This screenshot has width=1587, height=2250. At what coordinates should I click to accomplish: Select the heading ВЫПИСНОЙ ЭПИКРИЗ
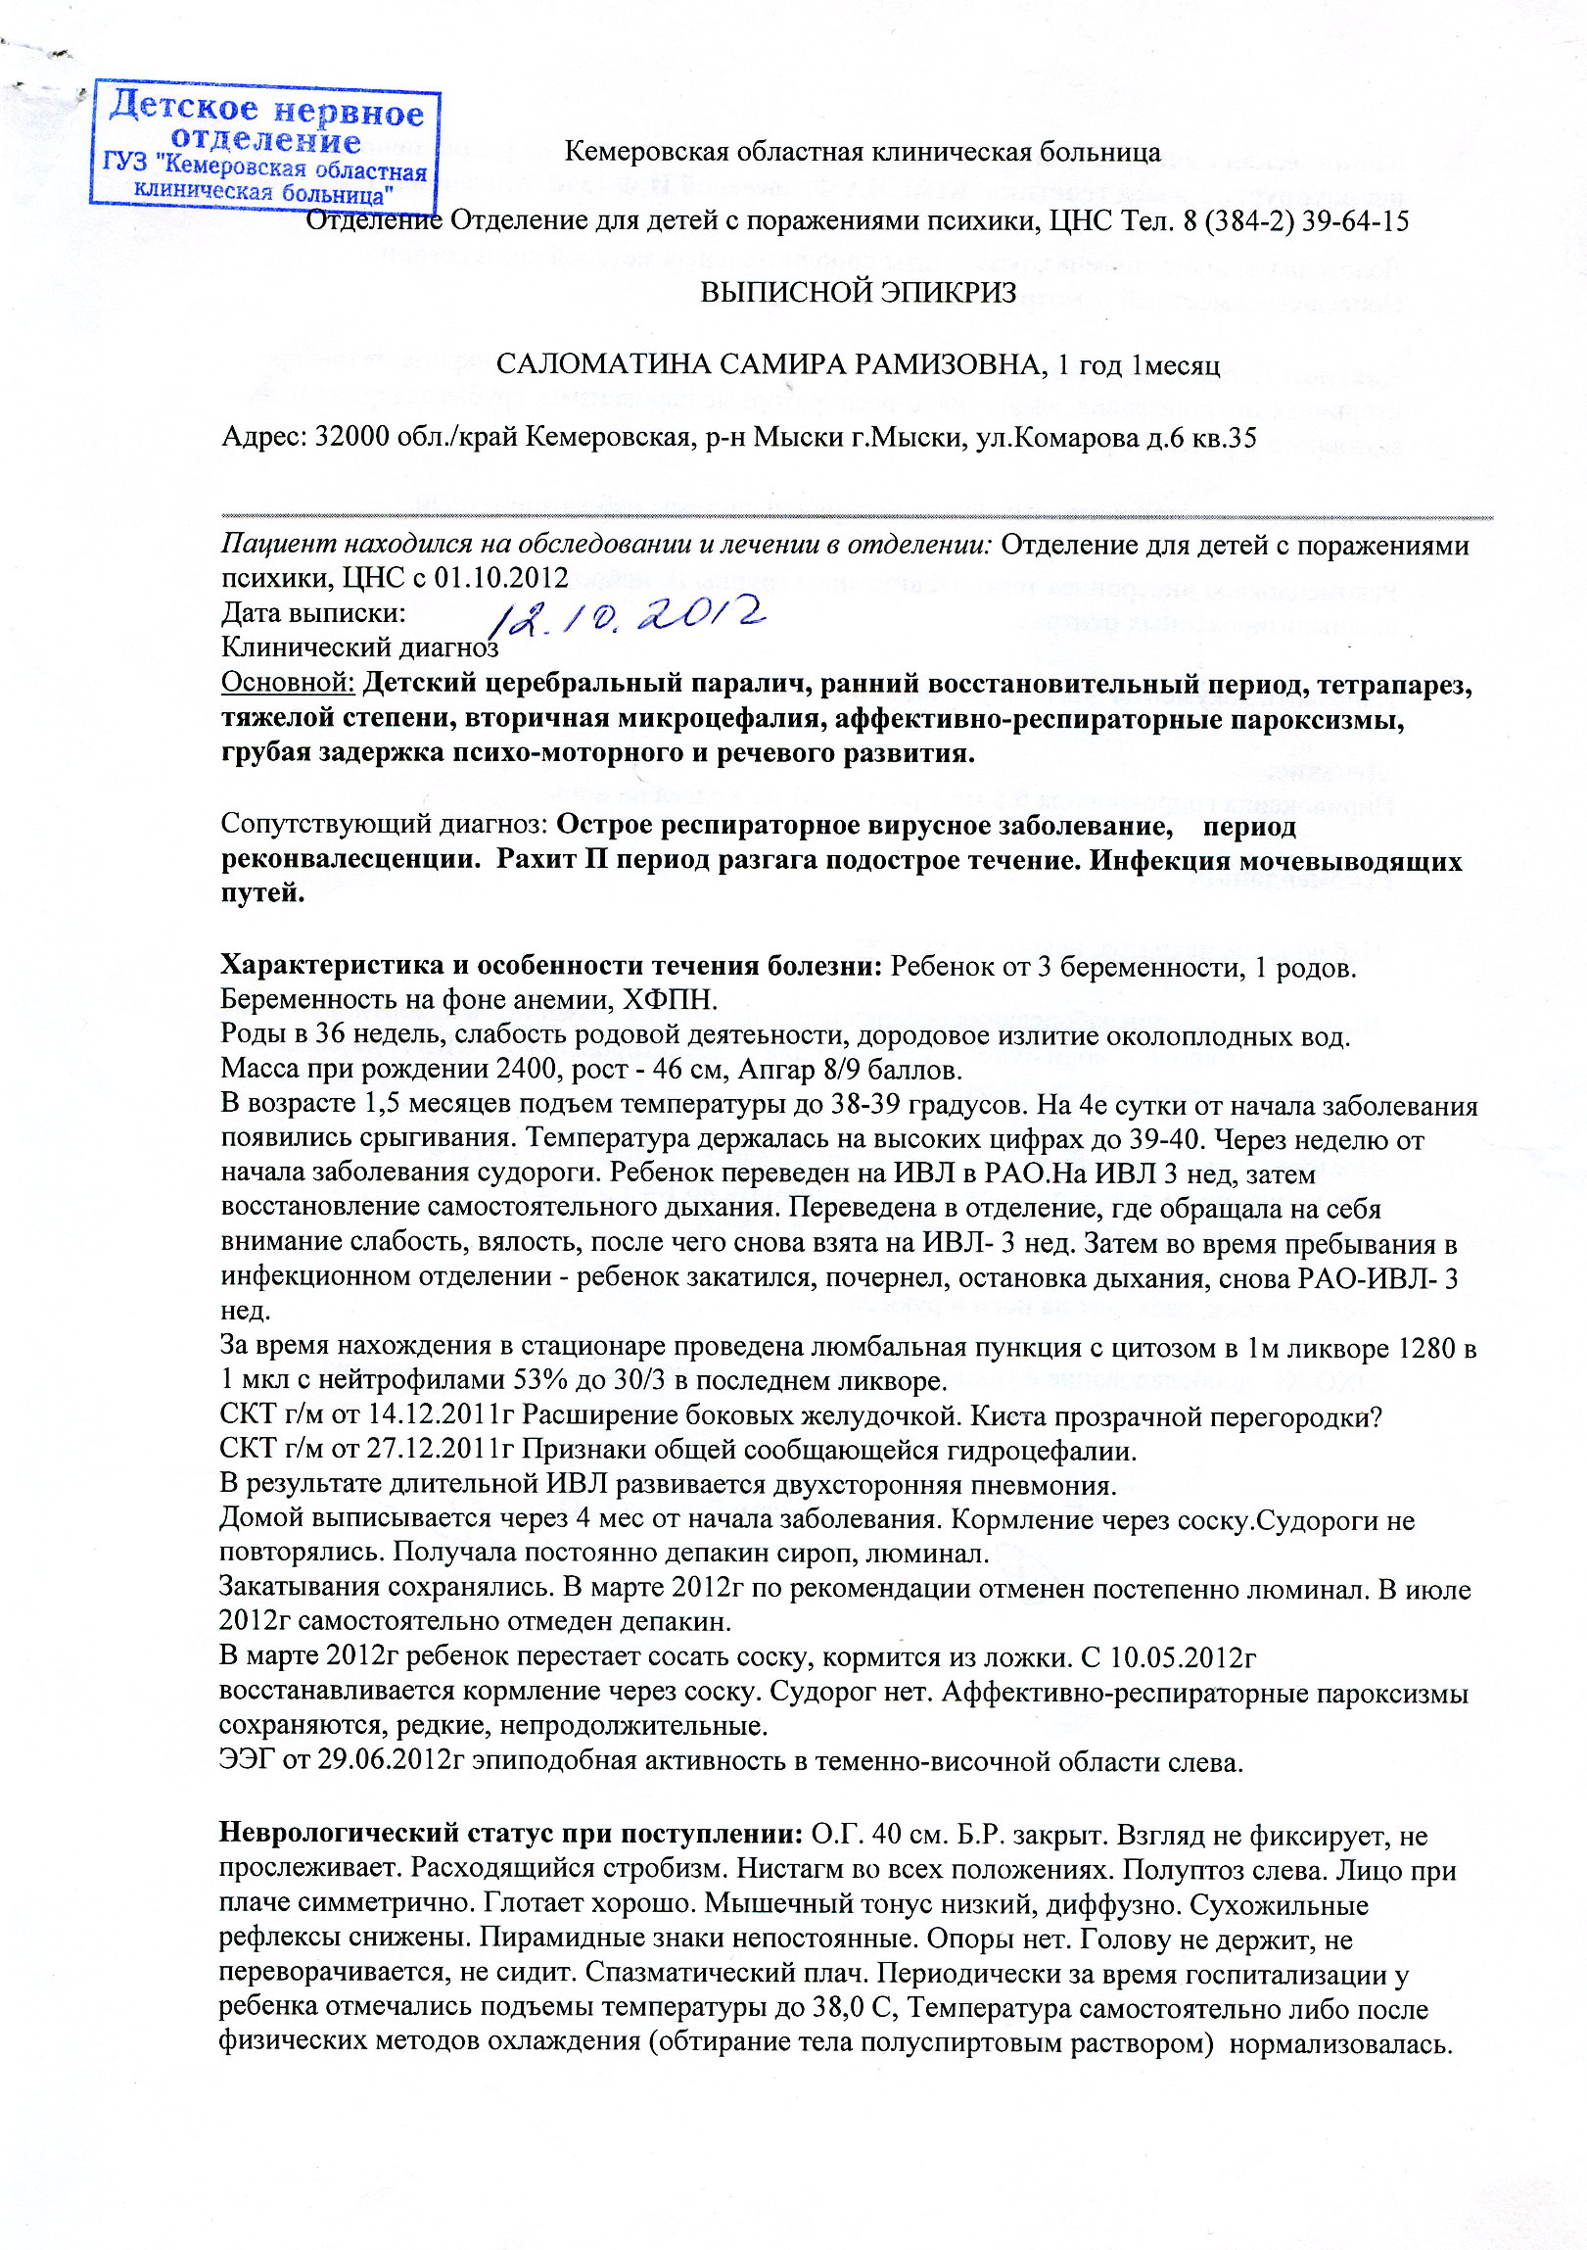click(x=859, y=292)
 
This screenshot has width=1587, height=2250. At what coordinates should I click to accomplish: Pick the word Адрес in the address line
click(x=262, y=436)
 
